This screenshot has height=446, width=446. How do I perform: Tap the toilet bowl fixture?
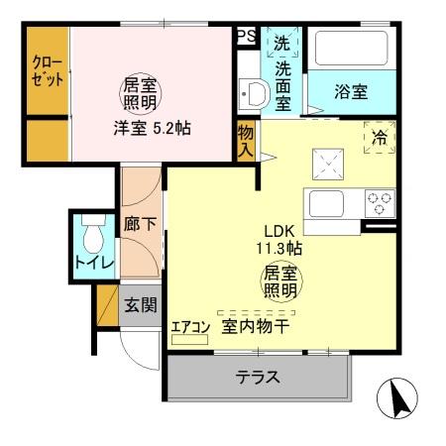click(93, 237)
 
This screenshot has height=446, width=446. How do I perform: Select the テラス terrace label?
click(257, 377)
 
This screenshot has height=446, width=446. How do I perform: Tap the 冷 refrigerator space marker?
click(379, 138)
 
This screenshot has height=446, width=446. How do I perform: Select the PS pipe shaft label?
click(246, 37)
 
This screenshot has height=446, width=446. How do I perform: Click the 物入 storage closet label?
click(246, 140)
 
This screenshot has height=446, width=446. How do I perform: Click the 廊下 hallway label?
click(139, 224)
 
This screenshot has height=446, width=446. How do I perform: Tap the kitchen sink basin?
click(327, 203)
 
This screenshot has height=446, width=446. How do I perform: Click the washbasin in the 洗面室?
click(254, 95)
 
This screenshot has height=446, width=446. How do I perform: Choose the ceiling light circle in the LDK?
click(280, 280)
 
